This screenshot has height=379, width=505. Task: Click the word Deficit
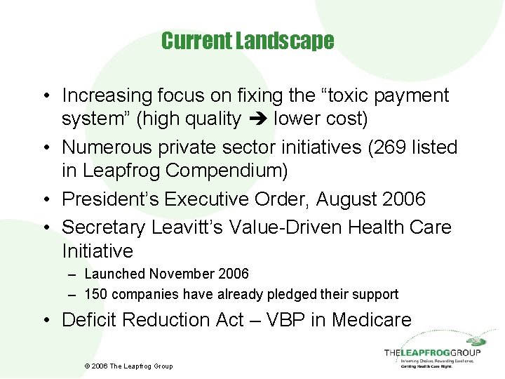(89, 320)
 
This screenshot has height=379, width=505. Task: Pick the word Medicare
(372, 320)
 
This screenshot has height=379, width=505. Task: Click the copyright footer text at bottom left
(128, 366)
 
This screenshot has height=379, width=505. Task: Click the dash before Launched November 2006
(74, 274)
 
